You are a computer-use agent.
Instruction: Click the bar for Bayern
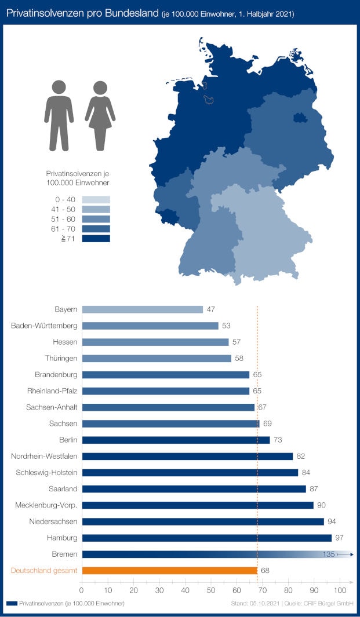pos(142,309)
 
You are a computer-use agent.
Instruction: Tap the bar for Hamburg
pos(206,538)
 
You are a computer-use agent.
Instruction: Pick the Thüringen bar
pos(157,359)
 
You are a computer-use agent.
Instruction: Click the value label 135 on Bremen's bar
pos(329,554)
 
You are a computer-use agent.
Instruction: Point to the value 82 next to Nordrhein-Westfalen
pos(300,457)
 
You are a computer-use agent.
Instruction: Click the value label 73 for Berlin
pos(278,440)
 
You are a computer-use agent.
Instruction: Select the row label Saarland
pos(64,489)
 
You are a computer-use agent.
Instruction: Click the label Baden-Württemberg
pos(44,326)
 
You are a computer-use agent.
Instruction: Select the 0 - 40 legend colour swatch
pos(96,199)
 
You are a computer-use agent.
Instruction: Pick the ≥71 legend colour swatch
pos(96,238)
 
